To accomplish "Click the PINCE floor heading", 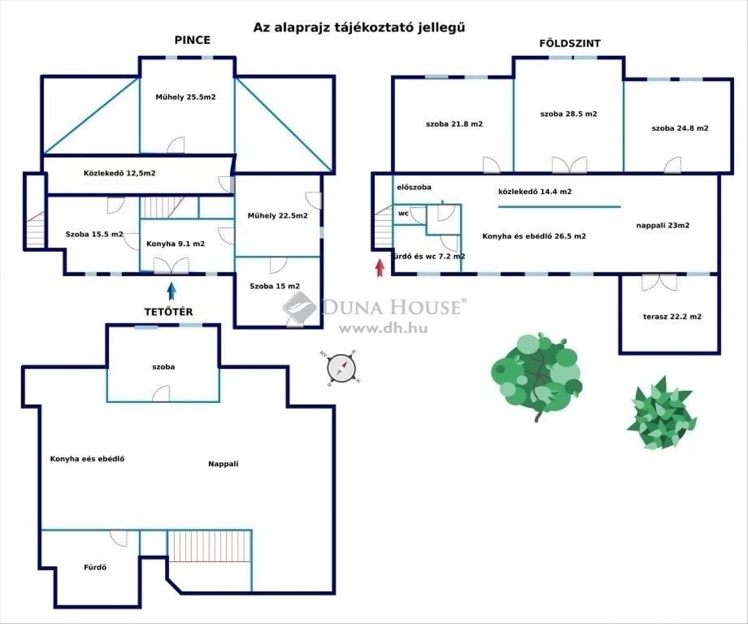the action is (192, 40).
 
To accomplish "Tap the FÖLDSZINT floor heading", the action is (570, 43).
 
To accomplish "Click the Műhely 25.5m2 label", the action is (185, 97).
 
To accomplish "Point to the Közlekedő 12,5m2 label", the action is (119, 173).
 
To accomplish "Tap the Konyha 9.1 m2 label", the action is (175, 244).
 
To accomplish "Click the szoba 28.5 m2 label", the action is (568, 114).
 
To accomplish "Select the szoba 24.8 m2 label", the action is (679, 128).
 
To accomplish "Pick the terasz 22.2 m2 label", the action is (672, 316).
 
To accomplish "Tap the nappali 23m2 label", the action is (662, 226).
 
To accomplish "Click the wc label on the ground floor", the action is (403, 213).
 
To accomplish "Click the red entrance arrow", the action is (379, 268).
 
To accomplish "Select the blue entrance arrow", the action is (171, 291).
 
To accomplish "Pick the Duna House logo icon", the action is (299, 306).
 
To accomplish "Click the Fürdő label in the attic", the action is (96, 567).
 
